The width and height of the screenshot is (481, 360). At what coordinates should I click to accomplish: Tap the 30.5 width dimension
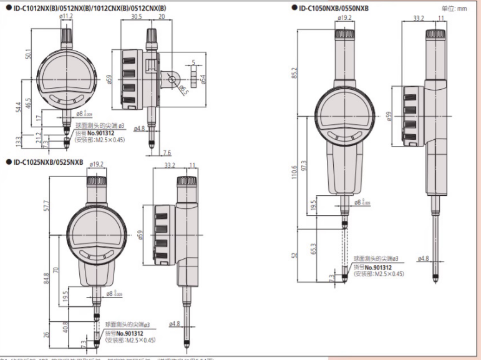[137, 16]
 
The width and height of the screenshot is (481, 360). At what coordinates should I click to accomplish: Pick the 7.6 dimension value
[167, 153]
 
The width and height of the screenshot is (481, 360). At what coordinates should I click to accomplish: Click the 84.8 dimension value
[47, 278]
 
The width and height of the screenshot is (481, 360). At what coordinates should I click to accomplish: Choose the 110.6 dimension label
[294, 171]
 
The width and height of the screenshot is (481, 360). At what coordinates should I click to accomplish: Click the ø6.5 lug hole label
[182, 89]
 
